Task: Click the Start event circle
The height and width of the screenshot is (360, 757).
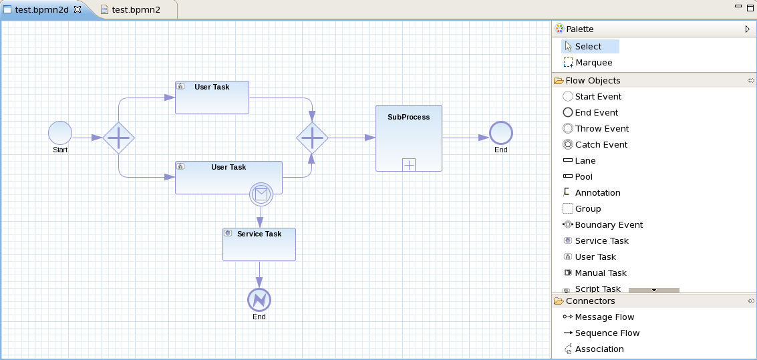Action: click(60, 132)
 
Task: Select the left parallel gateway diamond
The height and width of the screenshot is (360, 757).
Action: click(119, 138)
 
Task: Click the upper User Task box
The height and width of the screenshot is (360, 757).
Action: click(212, 98)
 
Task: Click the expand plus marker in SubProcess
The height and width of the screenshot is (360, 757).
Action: click(409, 164)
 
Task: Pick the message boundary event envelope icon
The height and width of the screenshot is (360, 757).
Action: click(261, 194)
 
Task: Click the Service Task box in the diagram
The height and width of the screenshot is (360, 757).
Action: click(259, 245)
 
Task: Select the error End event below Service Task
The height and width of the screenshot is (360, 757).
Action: click(259, 300)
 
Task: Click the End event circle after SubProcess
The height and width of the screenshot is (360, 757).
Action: click(500, 133)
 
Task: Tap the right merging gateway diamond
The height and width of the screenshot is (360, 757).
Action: click(312, 138)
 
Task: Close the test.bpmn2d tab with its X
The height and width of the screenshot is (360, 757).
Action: click(78, 9)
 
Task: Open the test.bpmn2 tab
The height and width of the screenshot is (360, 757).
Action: click(136, 9)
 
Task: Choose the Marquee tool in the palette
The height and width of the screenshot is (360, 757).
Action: click(593, 62)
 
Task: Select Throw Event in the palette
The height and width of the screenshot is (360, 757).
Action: click(601, 128)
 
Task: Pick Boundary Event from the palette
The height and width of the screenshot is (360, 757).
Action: click(608, 224)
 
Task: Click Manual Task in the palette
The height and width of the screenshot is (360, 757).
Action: click(600, 273)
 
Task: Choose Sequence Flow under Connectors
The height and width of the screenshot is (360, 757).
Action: click(607, 333)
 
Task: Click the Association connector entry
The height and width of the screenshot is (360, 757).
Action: click(599, 349)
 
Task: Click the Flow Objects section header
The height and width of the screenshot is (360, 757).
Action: click(593, 80)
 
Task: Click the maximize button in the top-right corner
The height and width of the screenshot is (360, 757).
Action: click(750, 7)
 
